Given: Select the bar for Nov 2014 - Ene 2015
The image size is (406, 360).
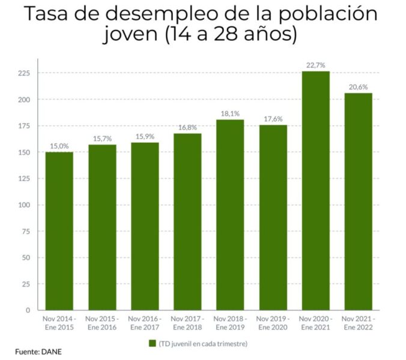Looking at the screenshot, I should pyautogui.click(x=59, y=231).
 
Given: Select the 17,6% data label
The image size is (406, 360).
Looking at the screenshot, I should pyautogui.click(x=273, y=119).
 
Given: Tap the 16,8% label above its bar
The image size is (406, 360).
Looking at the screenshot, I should pyautogui.click(x=187, y=127).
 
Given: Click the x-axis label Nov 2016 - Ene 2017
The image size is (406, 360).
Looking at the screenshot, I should pyautogui.click(x=144, y=323).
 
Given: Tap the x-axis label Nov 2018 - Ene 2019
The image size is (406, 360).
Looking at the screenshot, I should pyautogui.click(x=230, y=323).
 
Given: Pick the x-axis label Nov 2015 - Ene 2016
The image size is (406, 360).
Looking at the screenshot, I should pyautogui.click(x=101, y=323).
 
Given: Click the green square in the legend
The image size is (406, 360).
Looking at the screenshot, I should pyautogui.click(x=153, y=344).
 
